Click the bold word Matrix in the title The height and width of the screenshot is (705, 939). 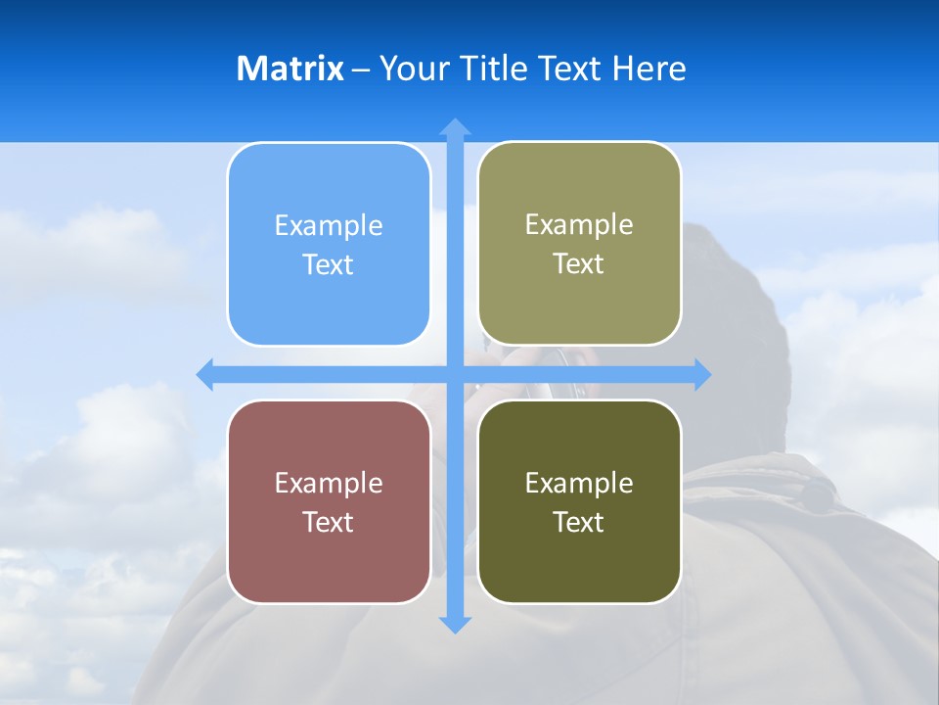(290, 69)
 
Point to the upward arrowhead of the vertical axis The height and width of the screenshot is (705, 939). (455, 126)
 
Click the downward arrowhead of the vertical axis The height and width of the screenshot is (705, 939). (455, 625)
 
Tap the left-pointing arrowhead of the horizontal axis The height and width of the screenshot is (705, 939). (205, 375)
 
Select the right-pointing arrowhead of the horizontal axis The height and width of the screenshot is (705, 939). (702, 375)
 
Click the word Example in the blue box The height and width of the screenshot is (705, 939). (329, 225)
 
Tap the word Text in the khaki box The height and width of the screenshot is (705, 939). (578, 264)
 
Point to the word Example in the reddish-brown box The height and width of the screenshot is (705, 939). (329, 483)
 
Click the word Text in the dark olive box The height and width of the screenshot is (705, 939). (578, 522)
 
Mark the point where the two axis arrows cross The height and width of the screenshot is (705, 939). (455, 375)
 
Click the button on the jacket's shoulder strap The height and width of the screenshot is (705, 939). (818, 497)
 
